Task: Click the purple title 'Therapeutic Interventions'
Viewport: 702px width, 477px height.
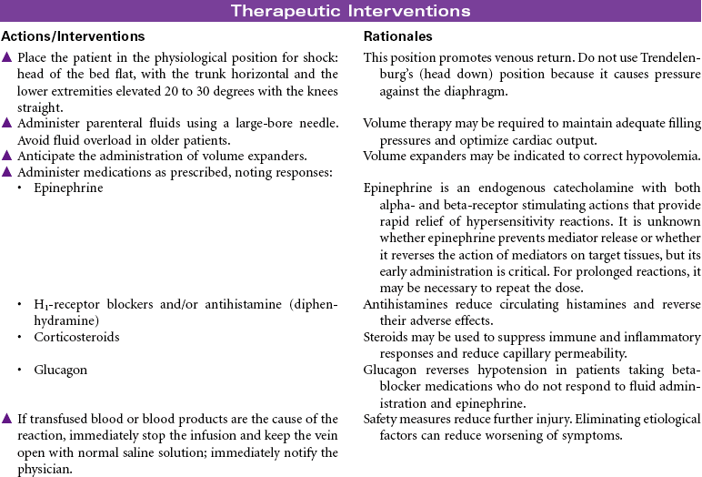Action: tap(350, 11)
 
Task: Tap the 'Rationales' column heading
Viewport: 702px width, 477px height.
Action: tap(398, 36)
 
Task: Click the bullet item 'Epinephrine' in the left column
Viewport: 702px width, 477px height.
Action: tap(67, 188)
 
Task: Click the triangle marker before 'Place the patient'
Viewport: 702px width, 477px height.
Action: tap(7, 57)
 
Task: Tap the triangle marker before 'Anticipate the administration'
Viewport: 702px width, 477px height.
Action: tap(7, 155)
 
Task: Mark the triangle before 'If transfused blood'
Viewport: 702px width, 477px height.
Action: tap(7, 419)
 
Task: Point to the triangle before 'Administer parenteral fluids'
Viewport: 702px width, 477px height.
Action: tap(7, 122)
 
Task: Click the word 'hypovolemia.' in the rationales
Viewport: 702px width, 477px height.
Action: tap(665, 155)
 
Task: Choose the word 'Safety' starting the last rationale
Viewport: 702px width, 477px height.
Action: tap(380, 419)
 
